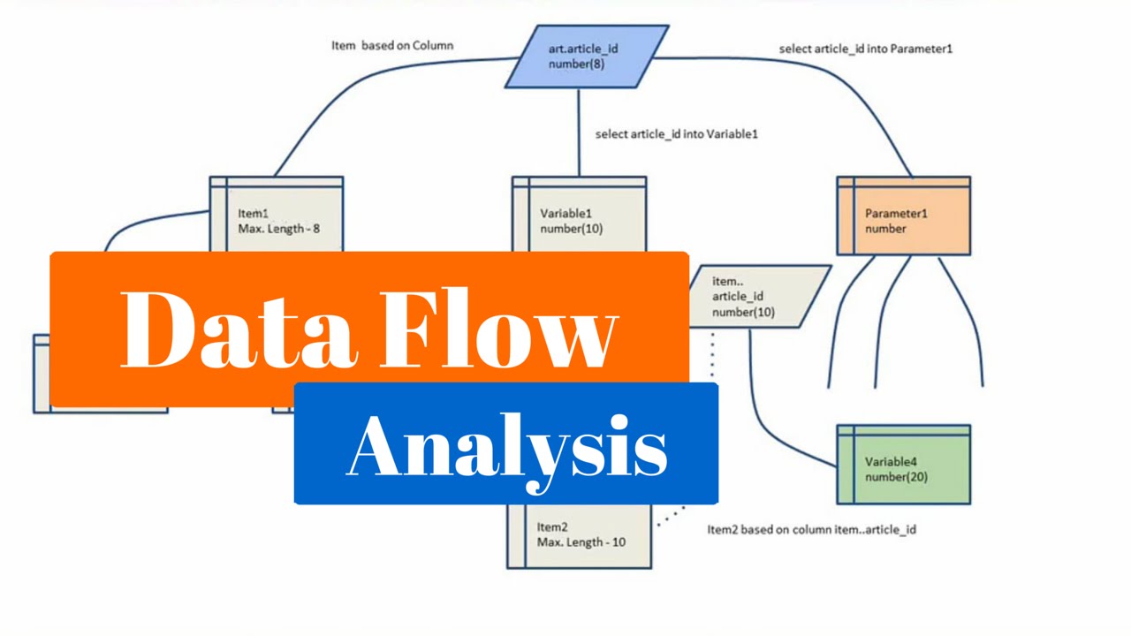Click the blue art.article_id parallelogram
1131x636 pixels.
point(586,57)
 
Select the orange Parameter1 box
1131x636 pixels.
point(903,216)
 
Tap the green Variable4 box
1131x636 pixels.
point(903,466)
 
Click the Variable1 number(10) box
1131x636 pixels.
point(579,216)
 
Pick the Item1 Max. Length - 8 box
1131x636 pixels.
point(277,216)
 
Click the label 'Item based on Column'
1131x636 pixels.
point(392,45)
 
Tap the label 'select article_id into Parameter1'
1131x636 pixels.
point(865,49)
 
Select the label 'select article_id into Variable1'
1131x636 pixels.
point(676,134)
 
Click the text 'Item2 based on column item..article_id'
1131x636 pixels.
point(811,529)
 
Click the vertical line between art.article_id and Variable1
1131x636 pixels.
point(579,132)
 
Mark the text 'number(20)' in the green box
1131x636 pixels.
point(895,477)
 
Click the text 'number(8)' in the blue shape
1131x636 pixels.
point(576,64)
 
